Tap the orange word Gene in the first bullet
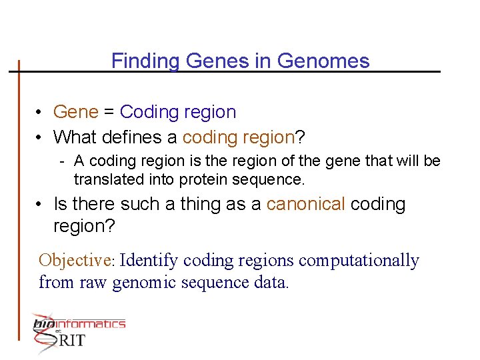[x=75, y=112]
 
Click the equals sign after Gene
[x=109, y=112]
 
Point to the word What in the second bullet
[x=75, y=137]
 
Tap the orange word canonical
[x=305, y=204]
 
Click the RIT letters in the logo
[x=71, y=341]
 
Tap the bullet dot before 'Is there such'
[x=41, y=205]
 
